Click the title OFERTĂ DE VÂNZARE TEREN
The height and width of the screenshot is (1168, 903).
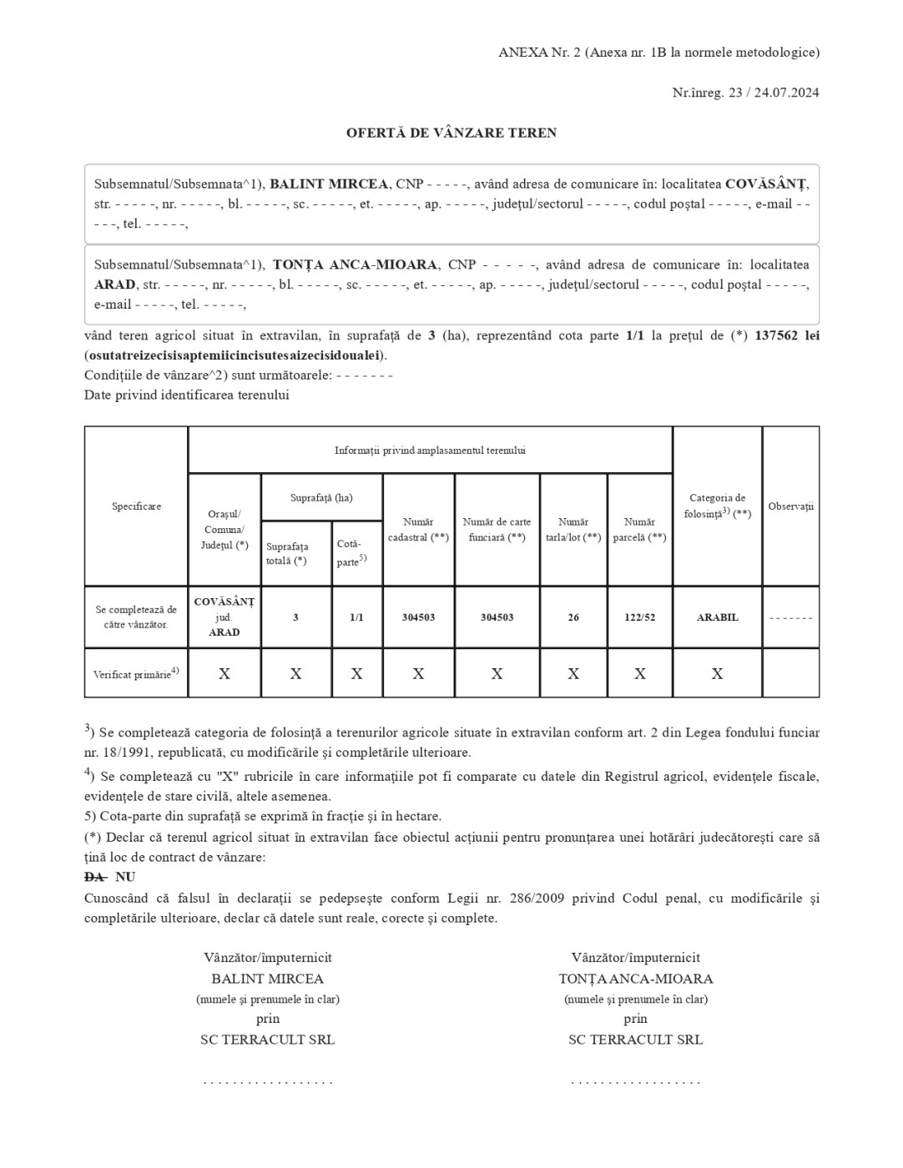click(451, 133)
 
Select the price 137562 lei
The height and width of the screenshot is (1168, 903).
click(786, 335)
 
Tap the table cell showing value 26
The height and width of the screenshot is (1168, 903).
click(573, 617)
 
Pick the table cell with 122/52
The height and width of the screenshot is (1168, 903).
click(640, 617)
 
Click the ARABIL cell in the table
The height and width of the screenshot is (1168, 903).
click(717, 617)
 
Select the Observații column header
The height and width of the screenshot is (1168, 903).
click(790, 506)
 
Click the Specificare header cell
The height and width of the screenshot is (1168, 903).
click(136, 506)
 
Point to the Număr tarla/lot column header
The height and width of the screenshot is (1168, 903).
click(573, 530)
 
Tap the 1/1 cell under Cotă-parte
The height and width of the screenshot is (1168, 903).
click(356, 617)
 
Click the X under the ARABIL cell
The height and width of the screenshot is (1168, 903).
click(717, 674)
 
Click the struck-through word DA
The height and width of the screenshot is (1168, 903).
click(95, 877)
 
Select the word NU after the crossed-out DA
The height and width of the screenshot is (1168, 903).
click(125, 877)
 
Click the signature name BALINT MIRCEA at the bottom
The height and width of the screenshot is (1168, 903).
click(267, 979)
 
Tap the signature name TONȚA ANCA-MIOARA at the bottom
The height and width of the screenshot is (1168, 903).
click(635, 979)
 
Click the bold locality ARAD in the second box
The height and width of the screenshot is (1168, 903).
click(114, 284)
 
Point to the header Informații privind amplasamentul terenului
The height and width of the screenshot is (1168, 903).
click(430, 451)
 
